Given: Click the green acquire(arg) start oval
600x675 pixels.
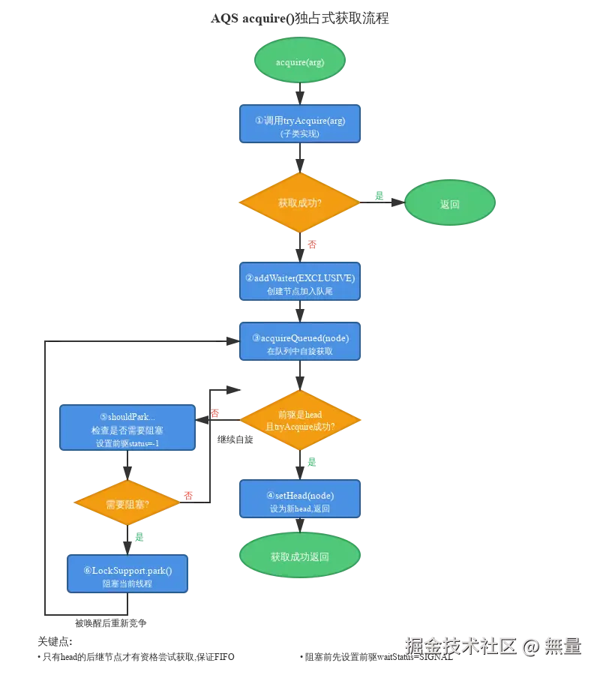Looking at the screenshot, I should coord(299,61).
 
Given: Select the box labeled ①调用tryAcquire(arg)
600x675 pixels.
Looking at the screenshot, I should coord(299,124).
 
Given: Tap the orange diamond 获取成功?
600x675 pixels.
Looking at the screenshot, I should coord(299,202).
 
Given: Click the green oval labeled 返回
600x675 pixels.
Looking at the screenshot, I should coord(449,203).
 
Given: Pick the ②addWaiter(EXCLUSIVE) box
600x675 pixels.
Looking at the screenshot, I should coord(299,282).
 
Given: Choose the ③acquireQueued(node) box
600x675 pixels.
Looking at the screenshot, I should coord(299,343).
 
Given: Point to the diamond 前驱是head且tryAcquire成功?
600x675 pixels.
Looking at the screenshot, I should coord(300,420).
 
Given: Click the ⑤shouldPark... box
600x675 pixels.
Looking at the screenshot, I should coord(127,428).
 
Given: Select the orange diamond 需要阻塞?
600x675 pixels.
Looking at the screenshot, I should coord(127,504).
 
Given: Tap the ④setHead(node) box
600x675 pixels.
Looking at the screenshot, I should coord(300,501).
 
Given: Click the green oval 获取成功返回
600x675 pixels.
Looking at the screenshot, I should coord(300,556).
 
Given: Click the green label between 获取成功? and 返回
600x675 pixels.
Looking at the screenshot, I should coord(379,196).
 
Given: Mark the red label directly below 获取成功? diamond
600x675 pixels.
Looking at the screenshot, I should coord(312,244).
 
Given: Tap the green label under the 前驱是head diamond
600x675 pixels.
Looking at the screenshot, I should coord(312,462).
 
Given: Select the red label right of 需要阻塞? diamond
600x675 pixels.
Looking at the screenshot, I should coord(189,495).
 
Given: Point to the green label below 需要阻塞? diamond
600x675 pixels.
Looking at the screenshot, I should coord(139,537).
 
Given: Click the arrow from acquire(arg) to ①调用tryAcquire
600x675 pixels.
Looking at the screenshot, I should coord(299,93).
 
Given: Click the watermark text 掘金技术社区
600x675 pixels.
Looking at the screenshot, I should coord(459,646).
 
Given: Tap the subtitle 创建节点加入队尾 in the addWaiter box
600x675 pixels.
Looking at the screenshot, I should coord(299,290).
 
